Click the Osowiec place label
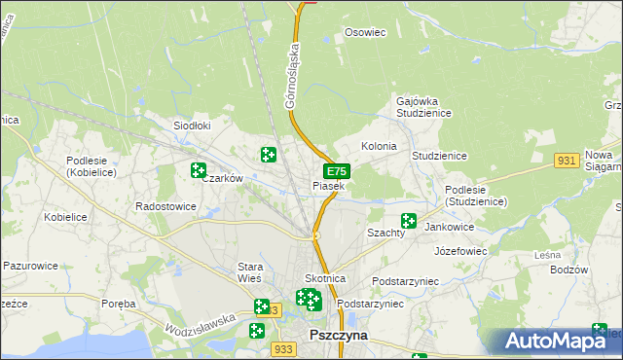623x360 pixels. coord(366,32)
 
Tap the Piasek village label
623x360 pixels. coord(328,185)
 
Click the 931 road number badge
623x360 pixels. coord(568,160)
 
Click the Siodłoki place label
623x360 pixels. coord(192,126)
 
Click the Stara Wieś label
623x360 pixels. coord(258,272)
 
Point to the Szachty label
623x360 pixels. coord(385,234)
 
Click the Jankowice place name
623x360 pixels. coord(450,226)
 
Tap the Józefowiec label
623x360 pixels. coord(460,250)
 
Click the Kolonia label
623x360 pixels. coord(379,146)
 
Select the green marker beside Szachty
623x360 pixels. coord(409,222)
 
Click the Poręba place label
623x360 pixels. coord(119,304)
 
